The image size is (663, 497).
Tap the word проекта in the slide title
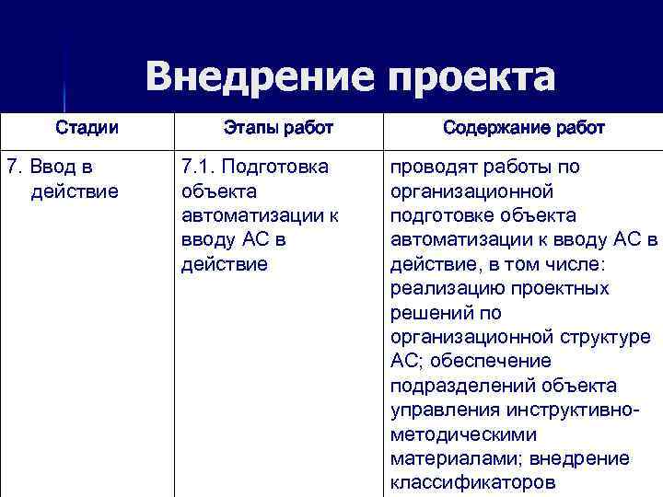click(x=472, y=79)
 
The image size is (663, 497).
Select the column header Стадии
click(x=87, y=127)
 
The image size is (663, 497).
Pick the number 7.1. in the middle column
click(x=199, y=167)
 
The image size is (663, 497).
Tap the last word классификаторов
click(x=472, y=481)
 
